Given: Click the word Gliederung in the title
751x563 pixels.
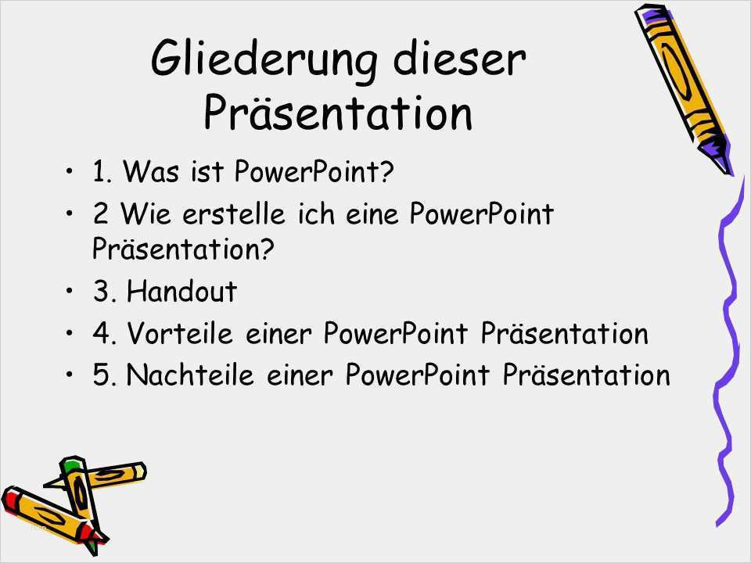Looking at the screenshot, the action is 264,61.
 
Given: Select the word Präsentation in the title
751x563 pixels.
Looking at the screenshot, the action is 338,112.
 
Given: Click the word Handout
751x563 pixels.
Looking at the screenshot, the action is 182,291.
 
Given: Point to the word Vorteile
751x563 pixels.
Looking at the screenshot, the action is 180,332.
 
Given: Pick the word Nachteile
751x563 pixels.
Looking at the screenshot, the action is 189,375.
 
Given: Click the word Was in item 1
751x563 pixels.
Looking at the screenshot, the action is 151,171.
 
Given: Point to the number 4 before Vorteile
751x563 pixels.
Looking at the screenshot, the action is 101,333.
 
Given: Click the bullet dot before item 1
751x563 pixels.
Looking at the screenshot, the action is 70,170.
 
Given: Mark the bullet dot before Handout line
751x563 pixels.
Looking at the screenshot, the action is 70,290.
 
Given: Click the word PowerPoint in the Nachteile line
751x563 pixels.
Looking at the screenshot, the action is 417,375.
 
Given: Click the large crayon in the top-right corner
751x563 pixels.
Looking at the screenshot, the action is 684,88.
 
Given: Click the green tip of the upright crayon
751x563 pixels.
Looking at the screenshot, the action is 72,464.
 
